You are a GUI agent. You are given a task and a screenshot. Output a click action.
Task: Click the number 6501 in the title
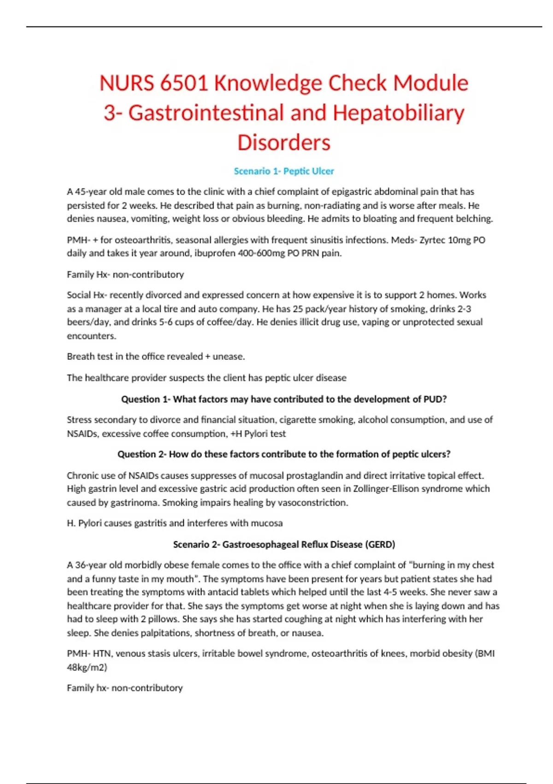click(184, 83)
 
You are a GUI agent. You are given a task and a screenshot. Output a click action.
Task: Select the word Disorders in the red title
click(284, 143)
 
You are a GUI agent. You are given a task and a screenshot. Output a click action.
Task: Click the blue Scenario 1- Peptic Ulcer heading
click(284, 171)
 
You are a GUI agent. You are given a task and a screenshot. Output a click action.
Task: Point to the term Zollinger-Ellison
click(392, 489)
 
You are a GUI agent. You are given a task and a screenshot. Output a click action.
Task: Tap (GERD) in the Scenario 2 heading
click(380, 545)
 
